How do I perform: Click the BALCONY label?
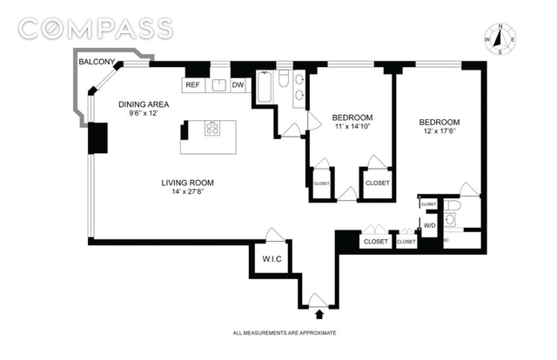pos(96,63)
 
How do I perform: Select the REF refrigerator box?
pos(193,85)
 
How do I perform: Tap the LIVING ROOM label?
pos(187,183)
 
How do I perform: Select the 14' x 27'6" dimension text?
pos(187,193)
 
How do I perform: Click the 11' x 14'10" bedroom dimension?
pos(352,128)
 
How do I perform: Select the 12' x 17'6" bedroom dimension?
pos(440,132)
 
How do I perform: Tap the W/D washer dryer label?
pos(429,225)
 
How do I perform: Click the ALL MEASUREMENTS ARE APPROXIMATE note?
pos(284,333)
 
